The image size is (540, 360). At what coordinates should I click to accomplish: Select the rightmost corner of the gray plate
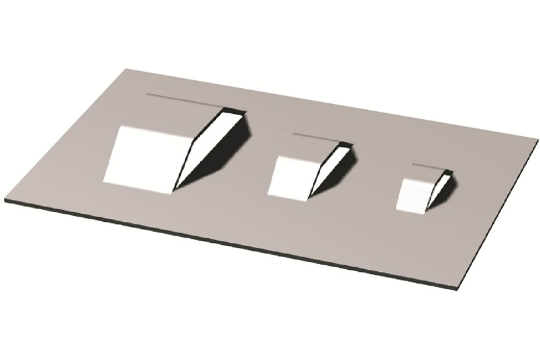click(x=537, y=140)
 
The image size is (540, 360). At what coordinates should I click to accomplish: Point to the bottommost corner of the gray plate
click(x=455, y=288)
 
